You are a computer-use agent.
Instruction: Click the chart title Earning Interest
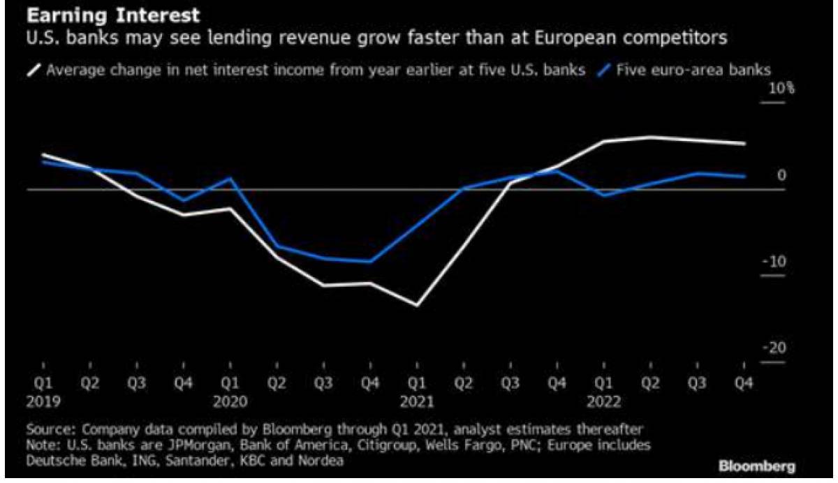(x=113, y=16)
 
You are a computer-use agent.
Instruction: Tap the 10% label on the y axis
(x=781, y=89)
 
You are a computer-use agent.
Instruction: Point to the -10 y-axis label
(x=774, y=262)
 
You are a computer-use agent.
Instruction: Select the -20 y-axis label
(x=774, y=348)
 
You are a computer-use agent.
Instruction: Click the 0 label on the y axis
(x=781, y=175)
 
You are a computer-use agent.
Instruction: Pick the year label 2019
(x=43, y=402)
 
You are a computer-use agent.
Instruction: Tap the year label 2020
(x=230, y=402)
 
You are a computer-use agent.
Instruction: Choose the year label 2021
(x=417, y=402)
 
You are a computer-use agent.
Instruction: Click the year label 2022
(x=604, y=402)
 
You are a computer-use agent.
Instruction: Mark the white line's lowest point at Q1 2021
(x=417, y=306)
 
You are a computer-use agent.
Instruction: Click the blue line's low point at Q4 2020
(x=370, y=261)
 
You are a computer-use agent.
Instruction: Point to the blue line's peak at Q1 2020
(x=230, y=178)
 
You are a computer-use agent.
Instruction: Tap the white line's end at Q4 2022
(x=744, y=144)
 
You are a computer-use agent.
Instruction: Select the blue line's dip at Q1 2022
(x=604, y=195)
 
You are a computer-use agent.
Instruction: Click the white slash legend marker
(x=34, y=70)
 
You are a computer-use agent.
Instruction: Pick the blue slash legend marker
(x=604, y=70)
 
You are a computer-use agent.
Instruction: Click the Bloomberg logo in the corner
(x=757, y=466)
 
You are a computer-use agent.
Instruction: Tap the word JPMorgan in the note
(x=200, y=445)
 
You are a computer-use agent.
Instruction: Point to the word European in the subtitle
(x=575, y=38)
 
